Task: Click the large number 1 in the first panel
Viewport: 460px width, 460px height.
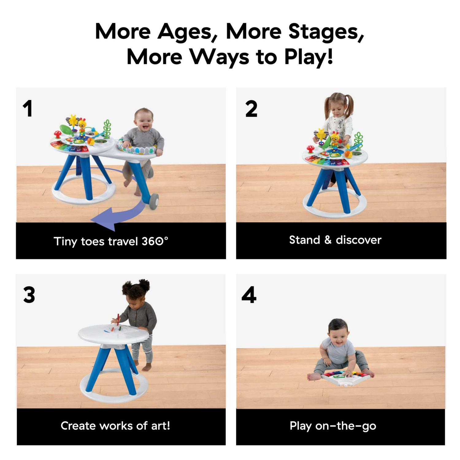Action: tap(28, 109)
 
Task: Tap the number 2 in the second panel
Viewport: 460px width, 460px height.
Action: tap(251, 109)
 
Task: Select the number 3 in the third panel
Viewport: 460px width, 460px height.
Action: tap(29, 295)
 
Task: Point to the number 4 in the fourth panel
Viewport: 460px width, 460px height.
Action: tap(249, 295)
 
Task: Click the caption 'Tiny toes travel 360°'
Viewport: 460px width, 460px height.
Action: tap(111, 241)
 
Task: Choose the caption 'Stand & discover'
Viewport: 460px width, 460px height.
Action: tap(335, 240)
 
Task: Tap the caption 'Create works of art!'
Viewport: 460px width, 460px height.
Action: tap(115, 426)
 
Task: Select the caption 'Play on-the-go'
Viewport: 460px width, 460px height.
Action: tap(333, 426)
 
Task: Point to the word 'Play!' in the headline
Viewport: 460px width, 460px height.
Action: tap(308, 57)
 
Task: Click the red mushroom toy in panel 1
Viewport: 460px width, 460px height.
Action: tap(57, 134)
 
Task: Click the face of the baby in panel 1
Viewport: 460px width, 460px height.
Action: tap(144, 120)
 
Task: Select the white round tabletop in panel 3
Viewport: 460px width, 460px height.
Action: tap(113, 333)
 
